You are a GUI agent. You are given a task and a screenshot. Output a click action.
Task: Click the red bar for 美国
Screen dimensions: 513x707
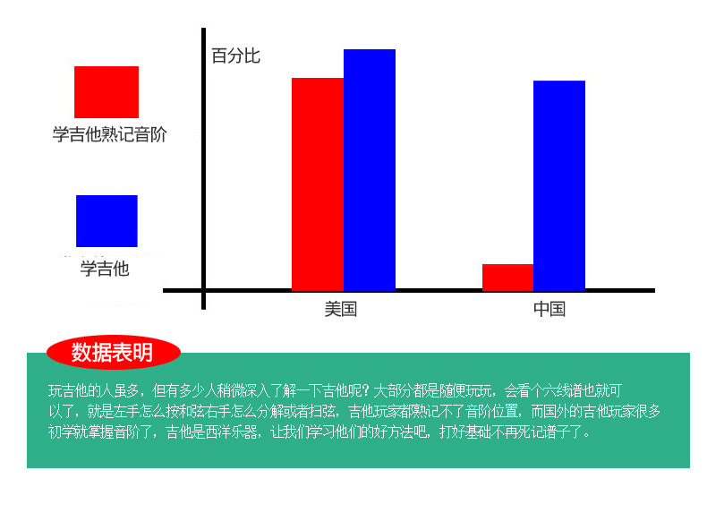click(x=317, y=184)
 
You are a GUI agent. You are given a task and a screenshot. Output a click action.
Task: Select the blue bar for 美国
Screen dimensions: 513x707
click(x=369, y=170)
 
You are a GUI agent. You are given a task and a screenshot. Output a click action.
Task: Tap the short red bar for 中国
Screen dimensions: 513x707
click(x=507, y=277)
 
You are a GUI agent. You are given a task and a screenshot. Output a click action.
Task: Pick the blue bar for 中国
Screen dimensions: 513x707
click(x=559, y=185)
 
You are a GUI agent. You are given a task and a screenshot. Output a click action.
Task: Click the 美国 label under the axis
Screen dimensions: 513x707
click(x=341, y=310)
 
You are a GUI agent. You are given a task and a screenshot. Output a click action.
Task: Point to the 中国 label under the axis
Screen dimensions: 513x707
click(x=549, y=310)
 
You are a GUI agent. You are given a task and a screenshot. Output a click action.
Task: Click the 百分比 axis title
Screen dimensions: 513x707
click(x=235, y=56)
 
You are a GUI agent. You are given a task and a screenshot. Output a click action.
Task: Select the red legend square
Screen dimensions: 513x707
click(x=106, y=91)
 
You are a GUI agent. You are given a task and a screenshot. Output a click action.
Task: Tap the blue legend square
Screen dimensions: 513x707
click(x=106, y=220)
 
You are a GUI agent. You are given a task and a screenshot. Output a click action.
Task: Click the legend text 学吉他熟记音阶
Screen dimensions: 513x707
click(x=109, y=135)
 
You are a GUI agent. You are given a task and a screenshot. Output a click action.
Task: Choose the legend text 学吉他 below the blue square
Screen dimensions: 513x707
click(x=105, y=269)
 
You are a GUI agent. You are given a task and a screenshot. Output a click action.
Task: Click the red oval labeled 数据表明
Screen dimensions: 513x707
click(x=113, y=353)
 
